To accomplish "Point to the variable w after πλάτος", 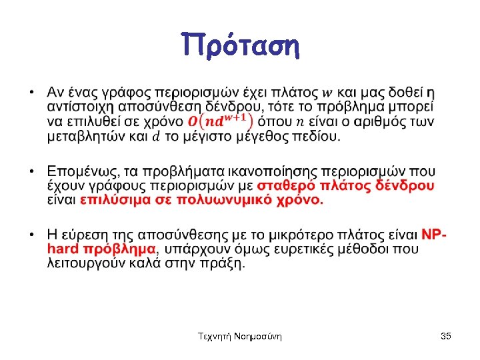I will point(329,91).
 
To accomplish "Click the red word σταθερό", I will point(285,185).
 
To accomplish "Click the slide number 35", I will point(446,337).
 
